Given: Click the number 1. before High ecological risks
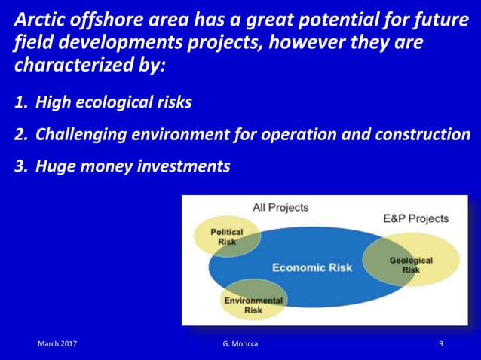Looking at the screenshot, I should pyautogui.click(x=22, y=102).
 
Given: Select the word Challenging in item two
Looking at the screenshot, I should pyautogui.click(x=81, y=135).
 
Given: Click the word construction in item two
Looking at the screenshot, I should pyautogui.click(x=421, y=135).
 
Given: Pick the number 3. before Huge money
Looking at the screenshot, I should pyautogui.click(x=22, y=166).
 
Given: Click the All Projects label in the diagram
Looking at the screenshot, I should pyautogui.click(x=280, y=207).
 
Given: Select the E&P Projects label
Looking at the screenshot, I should pyautogui.click(x=415, y=218).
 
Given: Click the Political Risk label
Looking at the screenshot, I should pyautogui.click(x=226, y=237).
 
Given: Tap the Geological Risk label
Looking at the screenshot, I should pyautogui.click(x=411, y=265).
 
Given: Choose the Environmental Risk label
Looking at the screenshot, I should pyautogui.click(x=253, y=305).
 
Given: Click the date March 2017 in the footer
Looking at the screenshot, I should pyautogui.click(x=57, y=344).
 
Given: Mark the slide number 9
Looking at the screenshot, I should pyautogui.click(x=441, y=344).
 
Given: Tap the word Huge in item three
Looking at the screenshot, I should pyautogui.click(x=54, y=166).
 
